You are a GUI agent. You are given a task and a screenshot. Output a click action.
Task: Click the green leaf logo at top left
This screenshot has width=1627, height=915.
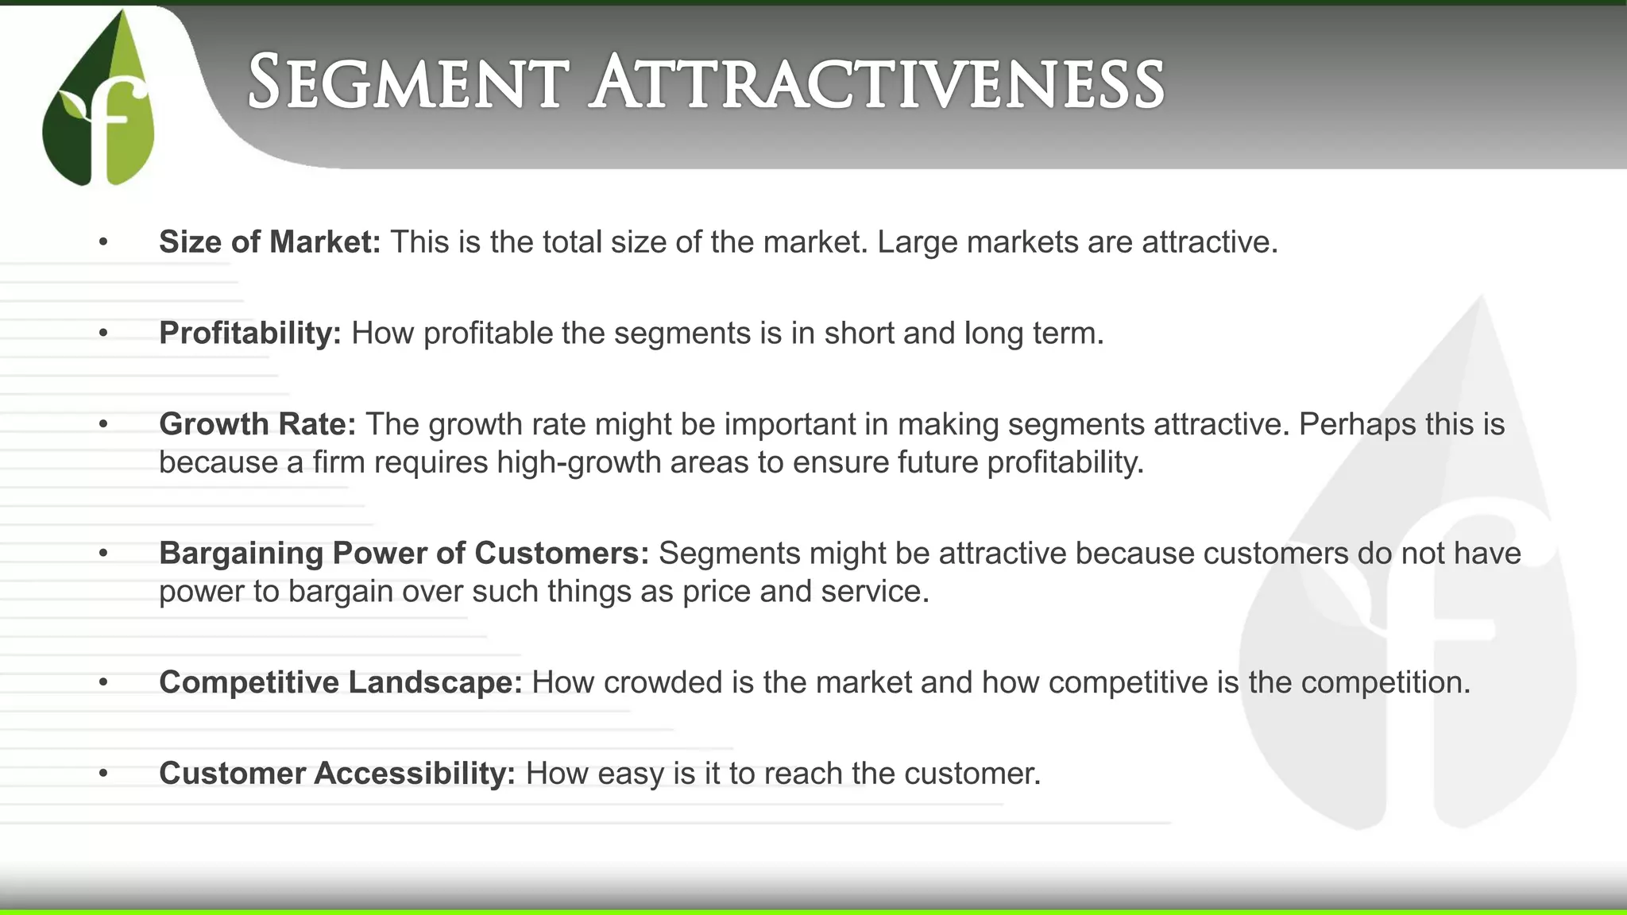click(99, 99)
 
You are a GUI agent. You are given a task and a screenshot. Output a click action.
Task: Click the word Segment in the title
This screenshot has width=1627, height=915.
click(408, 83)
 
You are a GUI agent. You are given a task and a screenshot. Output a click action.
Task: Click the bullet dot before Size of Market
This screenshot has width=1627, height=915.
click(103, 242)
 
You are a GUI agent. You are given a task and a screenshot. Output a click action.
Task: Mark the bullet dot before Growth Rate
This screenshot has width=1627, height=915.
click(103, 425)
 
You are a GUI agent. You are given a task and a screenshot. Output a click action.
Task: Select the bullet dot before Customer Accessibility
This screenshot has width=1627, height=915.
click(103, 774)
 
